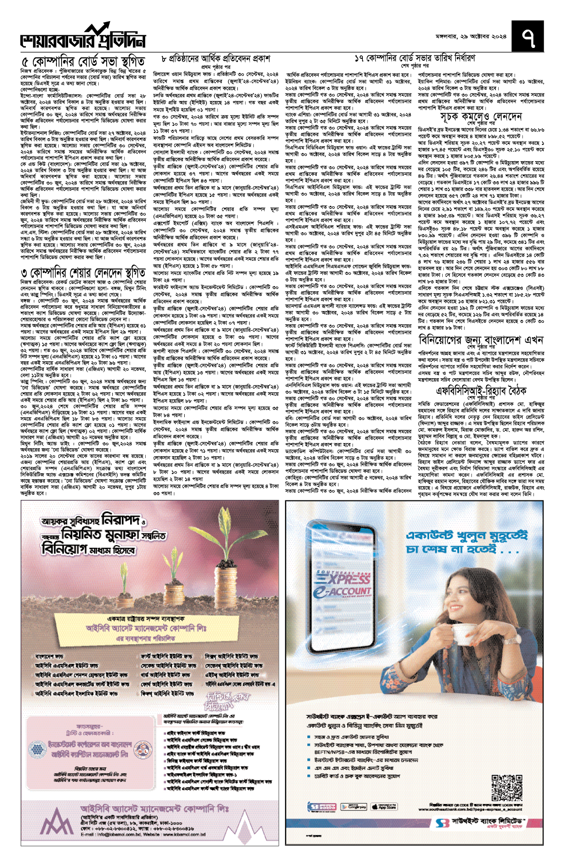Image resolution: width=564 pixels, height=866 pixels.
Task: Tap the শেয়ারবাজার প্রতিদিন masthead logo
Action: coord(83,39)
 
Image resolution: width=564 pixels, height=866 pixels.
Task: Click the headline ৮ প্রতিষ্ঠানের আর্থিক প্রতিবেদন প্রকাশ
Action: coord(216,59)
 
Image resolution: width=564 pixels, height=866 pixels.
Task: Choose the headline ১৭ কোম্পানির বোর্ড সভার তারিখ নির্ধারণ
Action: coord(415,58)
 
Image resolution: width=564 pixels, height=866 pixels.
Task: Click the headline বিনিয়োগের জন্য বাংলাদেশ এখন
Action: coord(481,340)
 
